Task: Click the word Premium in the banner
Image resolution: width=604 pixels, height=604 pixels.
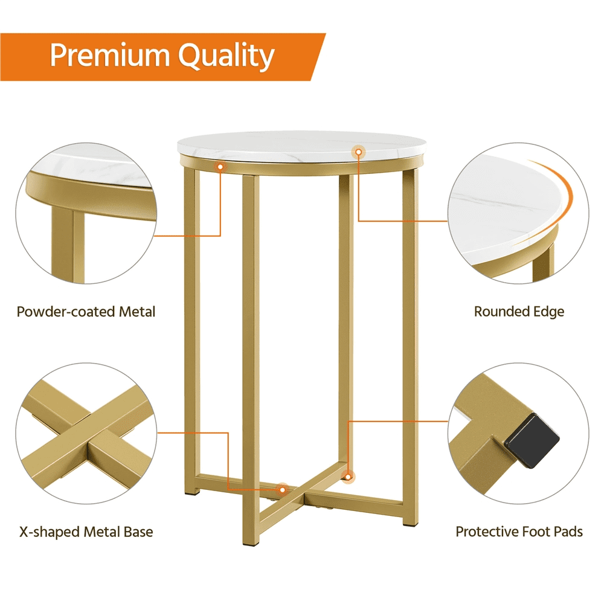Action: tap(109, 55)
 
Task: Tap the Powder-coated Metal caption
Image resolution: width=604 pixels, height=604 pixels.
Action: tap(86, 311)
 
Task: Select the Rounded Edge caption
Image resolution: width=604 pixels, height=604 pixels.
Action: tap(519, 312)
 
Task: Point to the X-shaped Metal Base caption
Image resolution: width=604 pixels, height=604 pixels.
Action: tap(86, 532)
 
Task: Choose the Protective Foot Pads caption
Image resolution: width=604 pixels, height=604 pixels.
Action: tap(519, 532)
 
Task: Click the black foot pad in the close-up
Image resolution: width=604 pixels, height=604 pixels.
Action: tap(532, 440)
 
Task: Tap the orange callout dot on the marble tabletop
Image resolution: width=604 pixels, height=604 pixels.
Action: tap(359, 152)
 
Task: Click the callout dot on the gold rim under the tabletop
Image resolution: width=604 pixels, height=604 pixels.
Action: tap(220, 167)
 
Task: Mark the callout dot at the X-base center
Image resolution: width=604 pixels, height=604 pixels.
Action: tap(282, 490)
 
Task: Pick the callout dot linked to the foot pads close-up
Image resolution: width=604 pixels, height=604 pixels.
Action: tap(349, 477)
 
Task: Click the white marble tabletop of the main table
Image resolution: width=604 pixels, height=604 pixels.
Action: tap(301, 146)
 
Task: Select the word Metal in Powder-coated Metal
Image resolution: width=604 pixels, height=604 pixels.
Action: tap(137, 311)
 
